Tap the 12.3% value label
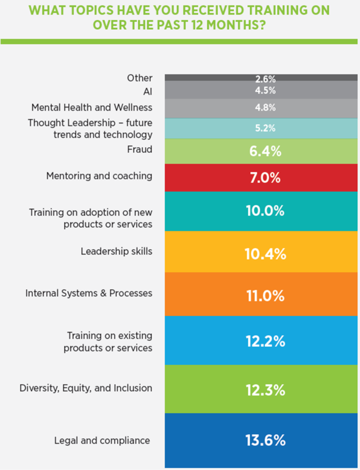[265, 390]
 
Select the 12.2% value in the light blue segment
[265, 341]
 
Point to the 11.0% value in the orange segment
[265, 296]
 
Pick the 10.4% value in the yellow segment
[265, 253]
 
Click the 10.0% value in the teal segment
[265, 211]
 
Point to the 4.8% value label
[265, 108]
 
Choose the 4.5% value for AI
[265, 90]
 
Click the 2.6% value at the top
[265, 78]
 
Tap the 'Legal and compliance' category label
[102, 440]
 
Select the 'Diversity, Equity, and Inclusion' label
[85, 388]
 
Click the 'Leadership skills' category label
[116, 252]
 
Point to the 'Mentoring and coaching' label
[99, 176]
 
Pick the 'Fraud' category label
[140, 150]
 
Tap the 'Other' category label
[140, 78]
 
